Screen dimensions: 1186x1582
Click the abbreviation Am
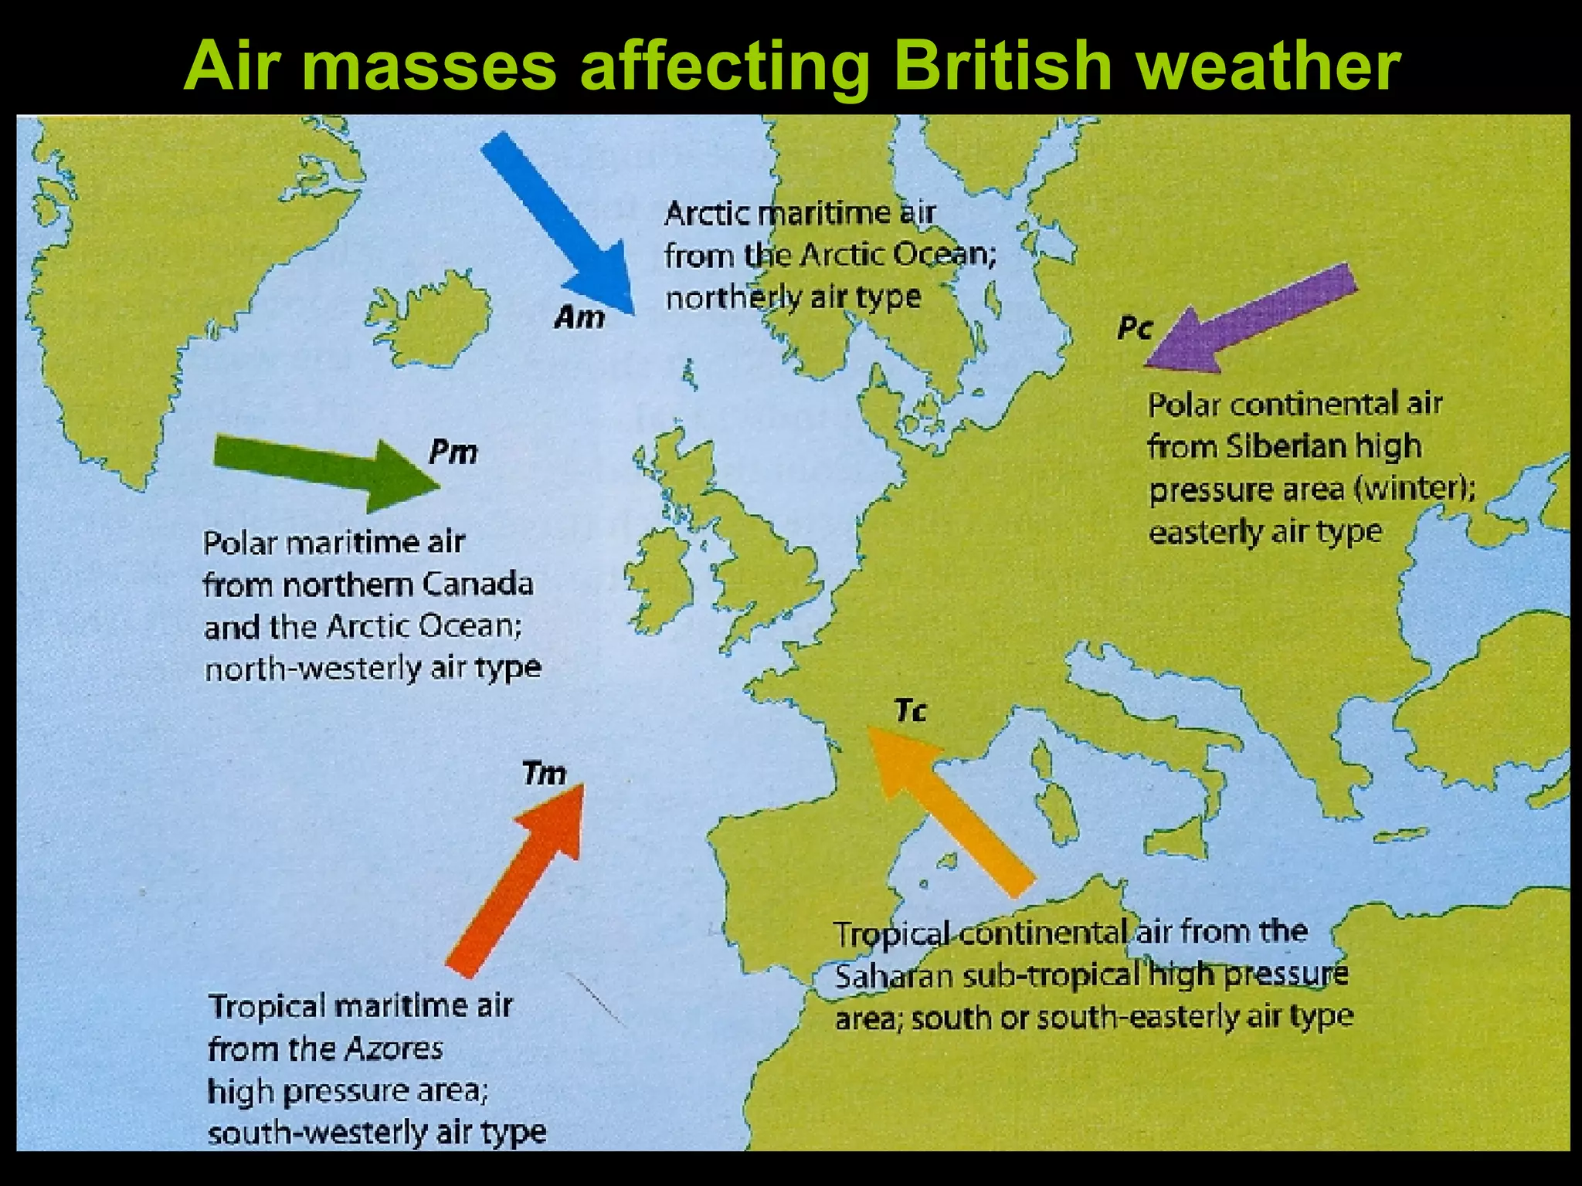[x=579, y=317]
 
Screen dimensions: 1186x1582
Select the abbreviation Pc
[x=1135, y=329]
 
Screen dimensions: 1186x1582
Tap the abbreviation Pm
[x=453, y=452]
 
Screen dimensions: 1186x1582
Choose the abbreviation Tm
[x=545, y=773]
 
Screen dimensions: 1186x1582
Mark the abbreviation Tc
[x=911, y=710]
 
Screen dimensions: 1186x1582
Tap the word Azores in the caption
[x=393, y=1049]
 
